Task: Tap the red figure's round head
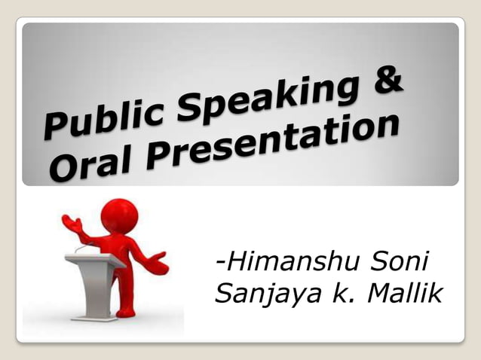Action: (119, 215)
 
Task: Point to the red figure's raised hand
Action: (70, 222)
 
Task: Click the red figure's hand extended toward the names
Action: (159, 264)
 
